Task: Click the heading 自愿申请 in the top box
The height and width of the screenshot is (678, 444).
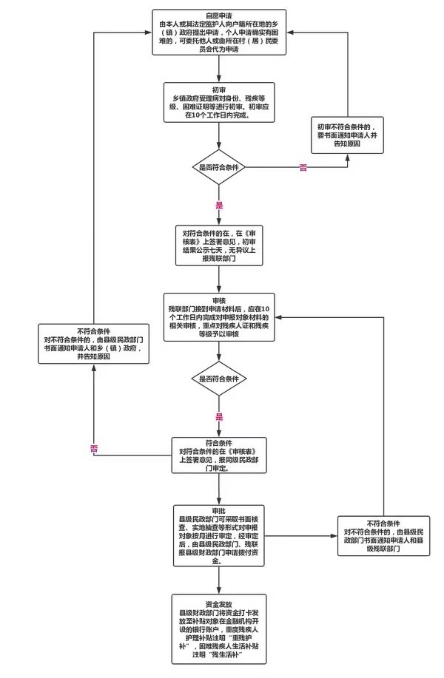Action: (218, 16)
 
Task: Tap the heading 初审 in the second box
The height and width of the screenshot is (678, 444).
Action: (218, 88)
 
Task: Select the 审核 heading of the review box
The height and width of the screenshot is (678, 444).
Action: (218, 300)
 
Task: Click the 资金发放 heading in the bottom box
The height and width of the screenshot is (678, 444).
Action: (218, 603)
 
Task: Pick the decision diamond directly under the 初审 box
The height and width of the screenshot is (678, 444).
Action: (218, 168)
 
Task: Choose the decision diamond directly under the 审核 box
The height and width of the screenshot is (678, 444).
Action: (218, 379)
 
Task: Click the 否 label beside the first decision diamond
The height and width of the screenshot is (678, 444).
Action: (302, 169)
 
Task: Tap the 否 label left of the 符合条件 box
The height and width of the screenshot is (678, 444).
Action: (94, 449)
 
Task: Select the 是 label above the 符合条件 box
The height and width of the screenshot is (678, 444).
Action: (219, 416)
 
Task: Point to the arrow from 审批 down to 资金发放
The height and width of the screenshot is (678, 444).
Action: (219, 580)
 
